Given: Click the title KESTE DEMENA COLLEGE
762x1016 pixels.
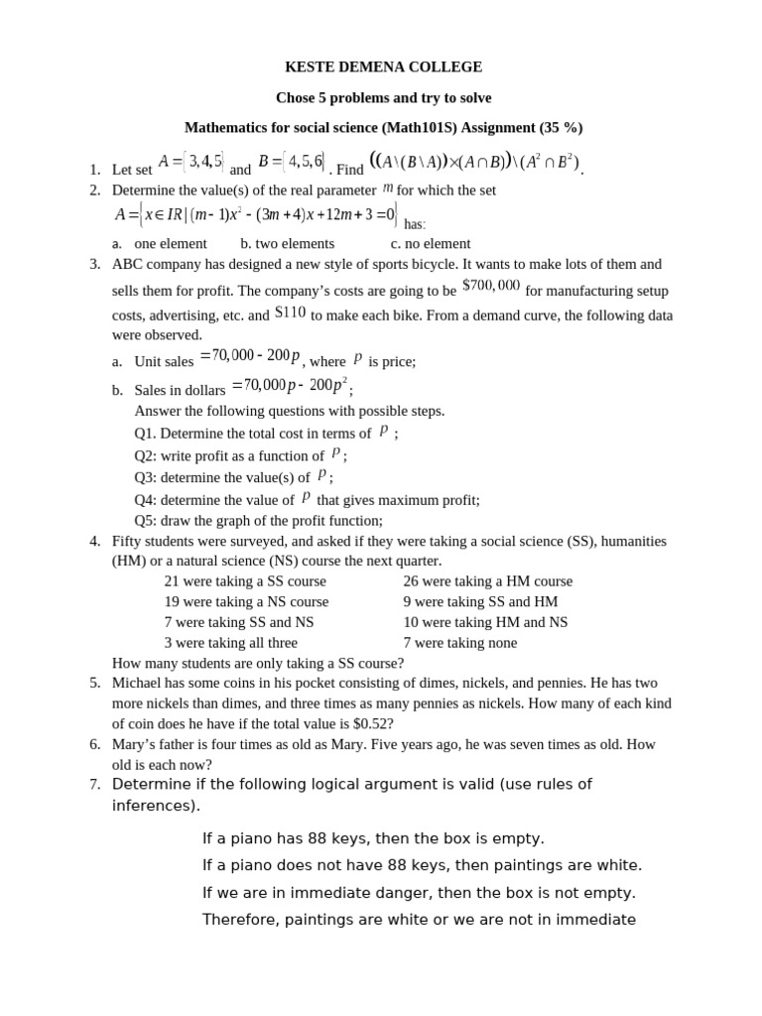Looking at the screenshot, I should tap(383, 67).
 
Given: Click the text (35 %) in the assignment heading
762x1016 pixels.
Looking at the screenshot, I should tap(561, 128).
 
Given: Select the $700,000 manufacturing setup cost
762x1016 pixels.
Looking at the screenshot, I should tap(491, 286).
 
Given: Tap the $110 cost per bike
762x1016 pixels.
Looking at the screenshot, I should tap(290, 313).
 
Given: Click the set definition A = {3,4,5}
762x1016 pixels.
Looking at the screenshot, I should tap(190, 161).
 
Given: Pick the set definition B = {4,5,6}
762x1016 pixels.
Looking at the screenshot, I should tap(291, 161).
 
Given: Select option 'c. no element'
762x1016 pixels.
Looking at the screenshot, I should tap(430, 243).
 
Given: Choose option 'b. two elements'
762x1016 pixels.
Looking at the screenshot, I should tap(287, 243).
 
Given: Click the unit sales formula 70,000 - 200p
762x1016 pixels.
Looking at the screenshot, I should tap(250, 356).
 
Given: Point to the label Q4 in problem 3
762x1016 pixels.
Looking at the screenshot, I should tap(145, 500).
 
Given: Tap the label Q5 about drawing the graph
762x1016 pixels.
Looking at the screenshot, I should tap(145, 521).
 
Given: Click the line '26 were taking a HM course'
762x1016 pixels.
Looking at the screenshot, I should tap(487, 581).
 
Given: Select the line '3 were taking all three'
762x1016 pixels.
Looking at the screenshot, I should tap(230, 643).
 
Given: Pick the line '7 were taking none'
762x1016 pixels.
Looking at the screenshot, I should tap(459, 643).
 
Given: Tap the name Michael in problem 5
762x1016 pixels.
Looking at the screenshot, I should tap(136, 683).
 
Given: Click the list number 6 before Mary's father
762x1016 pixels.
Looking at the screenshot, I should tap(95, 744).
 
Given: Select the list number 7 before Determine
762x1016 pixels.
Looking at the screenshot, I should tap(95, 785).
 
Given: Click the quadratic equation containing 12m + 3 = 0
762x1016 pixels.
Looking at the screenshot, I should tap(258, 214).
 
